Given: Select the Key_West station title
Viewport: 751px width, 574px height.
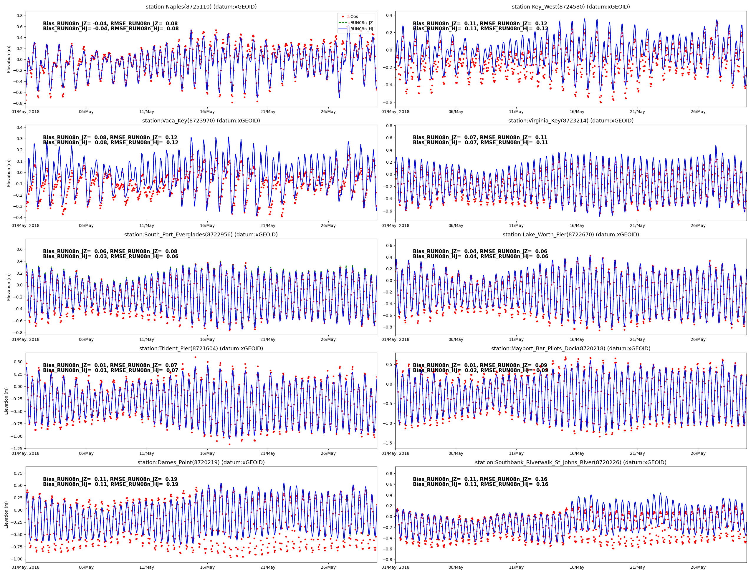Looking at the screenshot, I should coord(570,7).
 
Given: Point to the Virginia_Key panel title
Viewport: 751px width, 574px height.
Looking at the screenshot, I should coord(570,121).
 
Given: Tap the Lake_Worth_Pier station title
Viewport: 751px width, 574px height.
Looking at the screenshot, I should coord(570,235).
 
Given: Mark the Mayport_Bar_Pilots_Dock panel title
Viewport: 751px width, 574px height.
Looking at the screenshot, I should coord(570,349).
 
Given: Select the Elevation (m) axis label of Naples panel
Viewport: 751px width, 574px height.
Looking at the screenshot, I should coord(9,59).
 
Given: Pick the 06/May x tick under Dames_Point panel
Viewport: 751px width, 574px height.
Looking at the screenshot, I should coord(86,568).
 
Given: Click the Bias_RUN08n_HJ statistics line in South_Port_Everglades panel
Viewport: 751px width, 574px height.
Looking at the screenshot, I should coord(110,257).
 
